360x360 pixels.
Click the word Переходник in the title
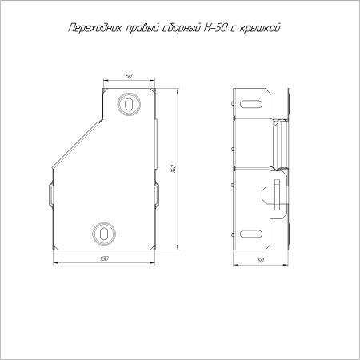(x=95, y=28)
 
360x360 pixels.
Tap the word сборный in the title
(x=182, y=29)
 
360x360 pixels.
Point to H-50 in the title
(x=214, y=28)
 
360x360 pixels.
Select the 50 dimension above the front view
(x=129, y=76)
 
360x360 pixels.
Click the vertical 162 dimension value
(x=174, y=169)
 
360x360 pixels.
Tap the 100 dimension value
(x=105, y=258)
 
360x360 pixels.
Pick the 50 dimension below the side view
(x=261, y=261)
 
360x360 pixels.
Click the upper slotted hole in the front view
(x=130, y=104)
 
